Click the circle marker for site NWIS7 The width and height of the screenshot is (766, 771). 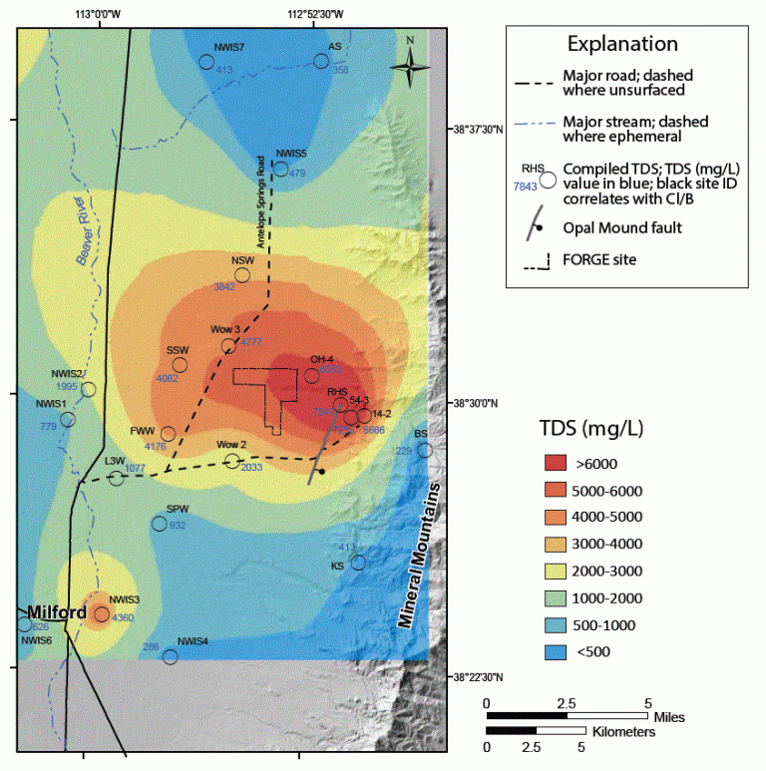206,62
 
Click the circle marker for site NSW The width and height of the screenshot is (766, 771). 242,275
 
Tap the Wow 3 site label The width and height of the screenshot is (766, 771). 224,329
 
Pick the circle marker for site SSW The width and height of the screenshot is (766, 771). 181,365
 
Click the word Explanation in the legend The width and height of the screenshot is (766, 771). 622,44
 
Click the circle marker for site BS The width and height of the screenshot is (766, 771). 425,450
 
